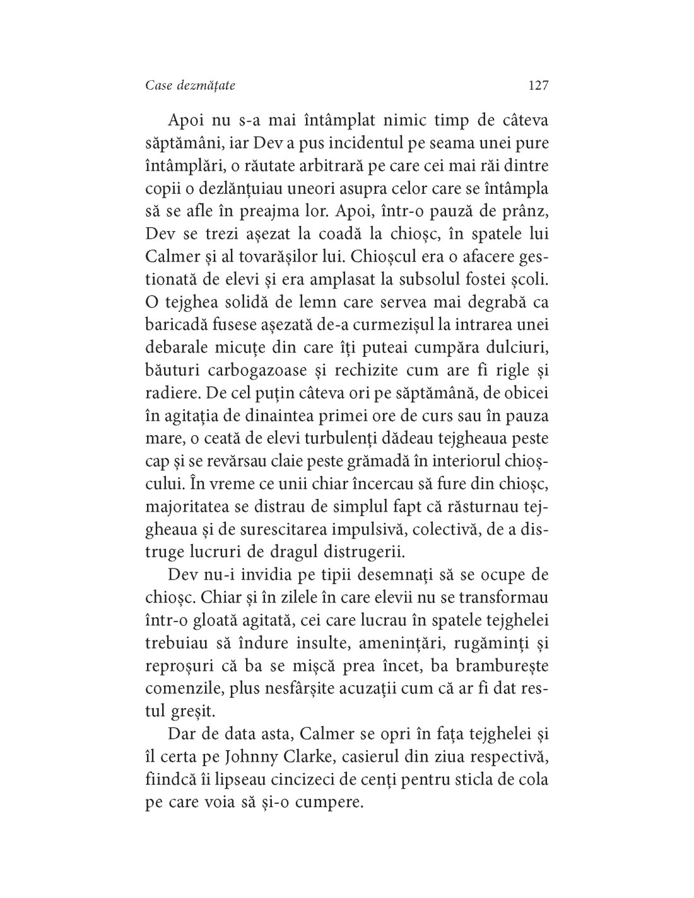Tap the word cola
pyautogui.click(x=533, y=779)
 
